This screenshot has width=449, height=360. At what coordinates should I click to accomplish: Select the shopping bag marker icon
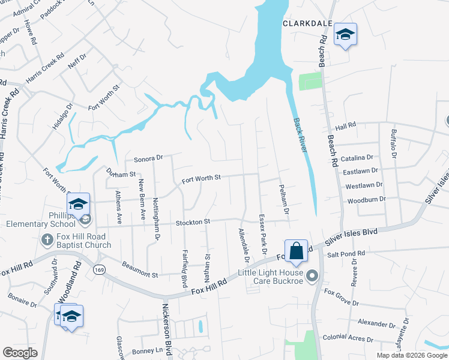click(x=297, y=251)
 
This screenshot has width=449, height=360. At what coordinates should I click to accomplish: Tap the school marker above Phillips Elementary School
click(x=78, y=204)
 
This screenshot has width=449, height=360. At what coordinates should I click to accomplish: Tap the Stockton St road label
click(x=193, y=222)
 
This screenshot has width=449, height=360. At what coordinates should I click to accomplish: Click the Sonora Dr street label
click(x=148, y=158)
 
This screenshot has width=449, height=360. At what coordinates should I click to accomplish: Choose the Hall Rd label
click(x=346, y=126)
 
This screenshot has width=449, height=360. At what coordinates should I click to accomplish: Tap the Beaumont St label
click(x=139, y=269)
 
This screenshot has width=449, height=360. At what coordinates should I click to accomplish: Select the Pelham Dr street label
click(x=283, y=200)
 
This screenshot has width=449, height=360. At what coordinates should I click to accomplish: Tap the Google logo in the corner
click(x=20, y=353)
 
